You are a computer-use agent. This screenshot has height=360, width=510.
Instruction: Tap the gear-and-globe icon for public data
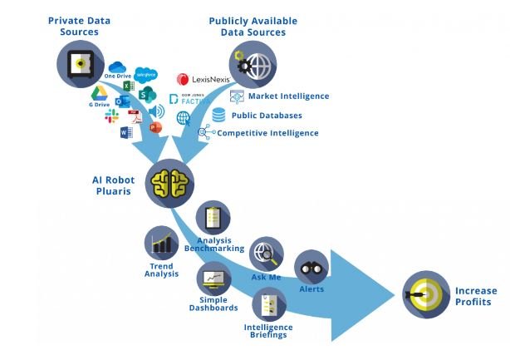click(x=253, y=65)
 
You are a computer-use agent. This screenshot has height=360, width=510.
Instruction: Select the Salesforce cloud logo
click(x=146, y=74)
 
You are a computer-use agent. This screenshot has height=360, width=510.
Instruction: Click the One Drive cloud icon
click(x=116, y=67)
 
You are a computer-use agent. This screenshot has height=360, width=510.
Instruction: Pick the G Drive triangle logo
click(x=98, y=93)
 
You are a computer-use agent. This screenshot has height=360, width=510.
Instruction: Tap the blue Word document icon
click(x=126, y=132)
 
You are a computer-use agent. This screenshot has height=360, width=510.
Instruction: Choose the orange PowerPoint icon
click(x=155, y=127)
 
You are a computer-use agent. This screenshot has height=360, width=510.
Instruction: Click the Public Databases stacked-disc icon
click(x=218, y=115)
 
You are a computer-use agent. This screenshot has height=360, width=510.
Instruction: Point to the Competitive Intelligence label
click(x=267, y=133)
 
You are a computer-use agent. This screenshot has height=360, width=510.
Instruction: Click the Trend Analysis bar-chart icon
click(x=162, y=244)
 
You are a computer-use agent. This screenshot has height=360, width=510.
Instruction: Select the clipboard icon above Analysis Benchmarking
click(x=213, y=219)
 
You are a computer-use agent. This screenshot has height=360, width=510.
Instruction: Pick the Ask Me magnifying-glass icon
click(x=267, y=254)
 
